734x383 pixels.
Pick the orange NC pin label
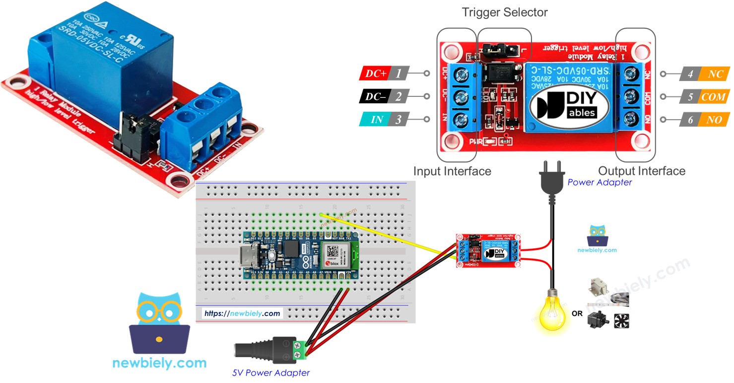pyautogui.click(x=715, y=74)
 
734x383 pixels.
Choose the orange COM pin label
pyautogui.click(x=714, y=97)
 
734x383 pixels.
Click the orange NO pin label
pyautogui.click(x=715, y=119)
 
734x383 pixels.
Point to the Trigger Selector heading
pyautogui.click(x=505, y=12)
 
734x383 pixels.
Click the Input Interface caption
pyautogui.click(x=452, y=171)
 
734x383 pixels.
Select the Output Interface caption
pyautogui.click(x=641, y=171)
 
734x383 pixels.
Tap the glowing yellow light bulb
pyautogui.click(x=551, y=311)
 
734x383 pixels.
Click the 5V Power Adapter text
pyautogui.click(x=271, y=373)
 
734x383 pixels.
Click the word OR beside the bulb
pyautogui.click(x=577, y=313)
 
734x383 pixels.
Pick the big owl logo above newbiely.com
pyautogui.click(x=159, y=323)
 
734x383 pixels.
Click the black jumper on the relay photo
pyautogui.click(x=132, y=131)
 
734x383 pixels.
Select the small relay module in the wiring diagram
pyautogui.click(x=488, y=251)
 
